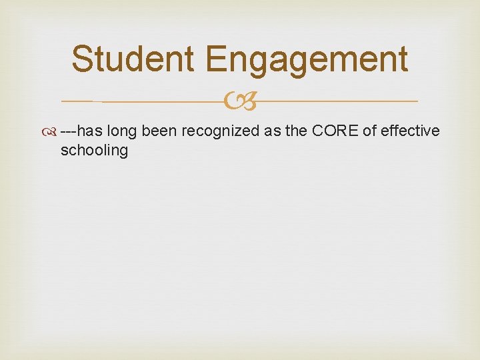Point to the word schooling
pyautogui.click(x=94, y=151)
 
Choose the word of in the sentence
pyautogui.click(x=369, y=131)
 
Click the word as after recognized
pyautogui.click(x=273, y=131)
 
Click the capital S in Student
pyautogui.click(x=82, y=59)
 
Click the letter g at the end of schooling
pyautogui.click(x=123, y=153)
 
